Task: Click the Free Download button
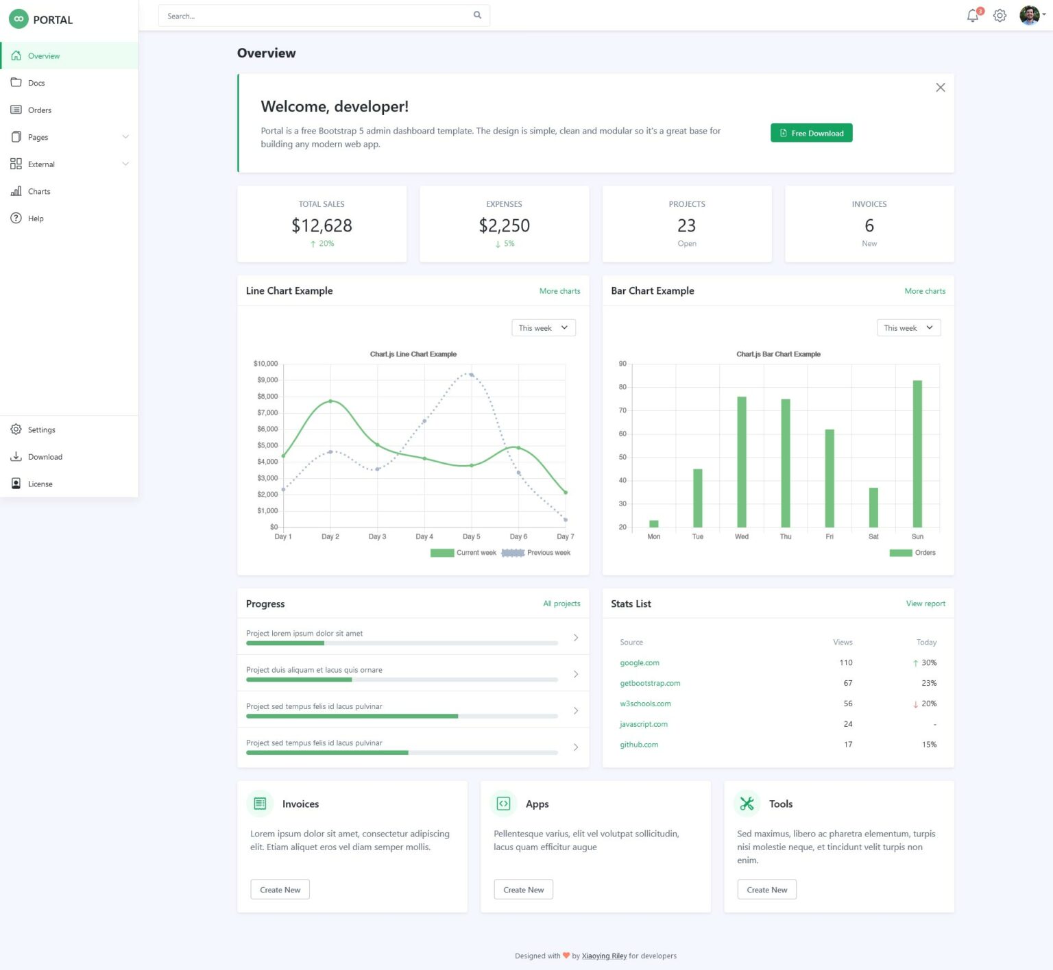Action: pos(811,133)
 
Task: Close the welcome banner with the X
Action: pos(940,88)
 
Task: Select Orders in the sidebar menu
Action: pos(40,110)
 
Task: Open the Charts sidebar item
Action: pos(39,192)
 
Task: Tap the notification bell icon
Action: pos(972,16)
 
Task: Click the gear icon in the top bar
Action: pos(1000,16)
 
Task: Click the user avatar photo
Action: pos(1028,15)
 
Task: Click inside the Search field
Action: pos(315,16)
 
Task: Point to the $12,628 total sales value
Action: pos(322,225)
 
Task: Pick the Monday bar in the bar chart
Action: pos(654,524)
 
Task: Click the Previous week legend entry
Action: pos(536,553)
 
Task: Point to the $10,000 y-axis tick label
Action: pos(265,364)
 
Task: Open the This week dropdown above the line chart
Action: pos(543,328)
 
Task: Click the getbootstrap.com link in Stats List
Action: pos(650,684)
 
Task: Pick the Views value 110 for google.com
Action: pos(846,663)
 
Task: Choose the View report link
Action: pos(925,604)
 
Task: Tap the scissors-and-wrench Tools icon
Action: pos(747,804)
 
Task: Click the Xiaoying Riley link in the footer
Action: pos(604,956)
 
